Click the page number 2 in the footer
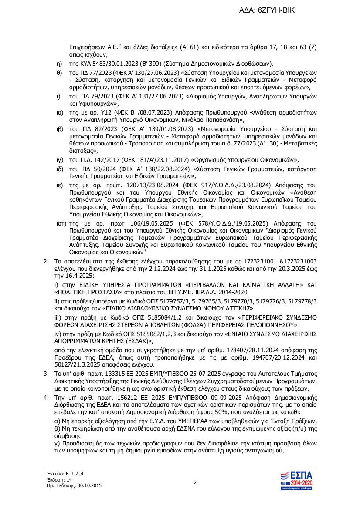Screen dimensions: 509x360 pos(195,482)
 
